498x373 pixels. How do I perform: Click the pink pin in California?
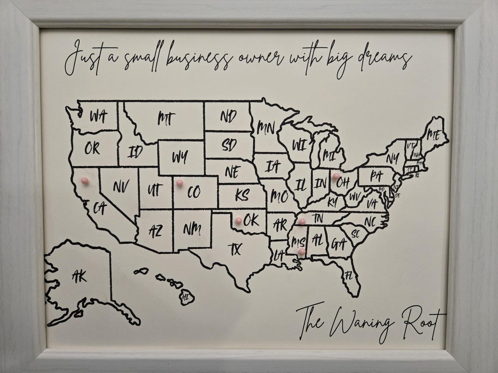pos(84,181)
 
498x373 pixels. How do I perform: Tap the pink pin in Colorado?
pos(179,183)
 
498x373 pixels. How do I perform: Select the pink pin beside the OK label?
pos(238,221)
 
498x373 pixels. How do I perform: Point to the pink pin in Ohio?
pos(336,176)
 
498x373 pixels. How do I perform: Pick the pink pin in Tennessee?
pos(302,221)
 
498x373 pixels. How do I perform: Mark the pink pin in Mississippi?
pos(301,251)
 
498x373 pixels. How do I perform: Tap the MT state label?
pos(166,119)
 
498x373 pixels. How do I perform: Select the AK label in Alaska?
pos(79,276)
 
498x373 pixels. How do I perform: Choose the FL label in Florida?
pos(349,276)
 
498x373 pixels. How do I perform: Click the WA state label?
pos(97,117)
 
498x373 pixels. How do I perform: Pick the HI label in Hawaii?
pos(186,297)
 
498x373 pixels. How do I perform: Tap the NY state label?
pos(392,159)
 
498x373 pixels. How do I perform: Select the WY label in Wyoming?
pos(180,157)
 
